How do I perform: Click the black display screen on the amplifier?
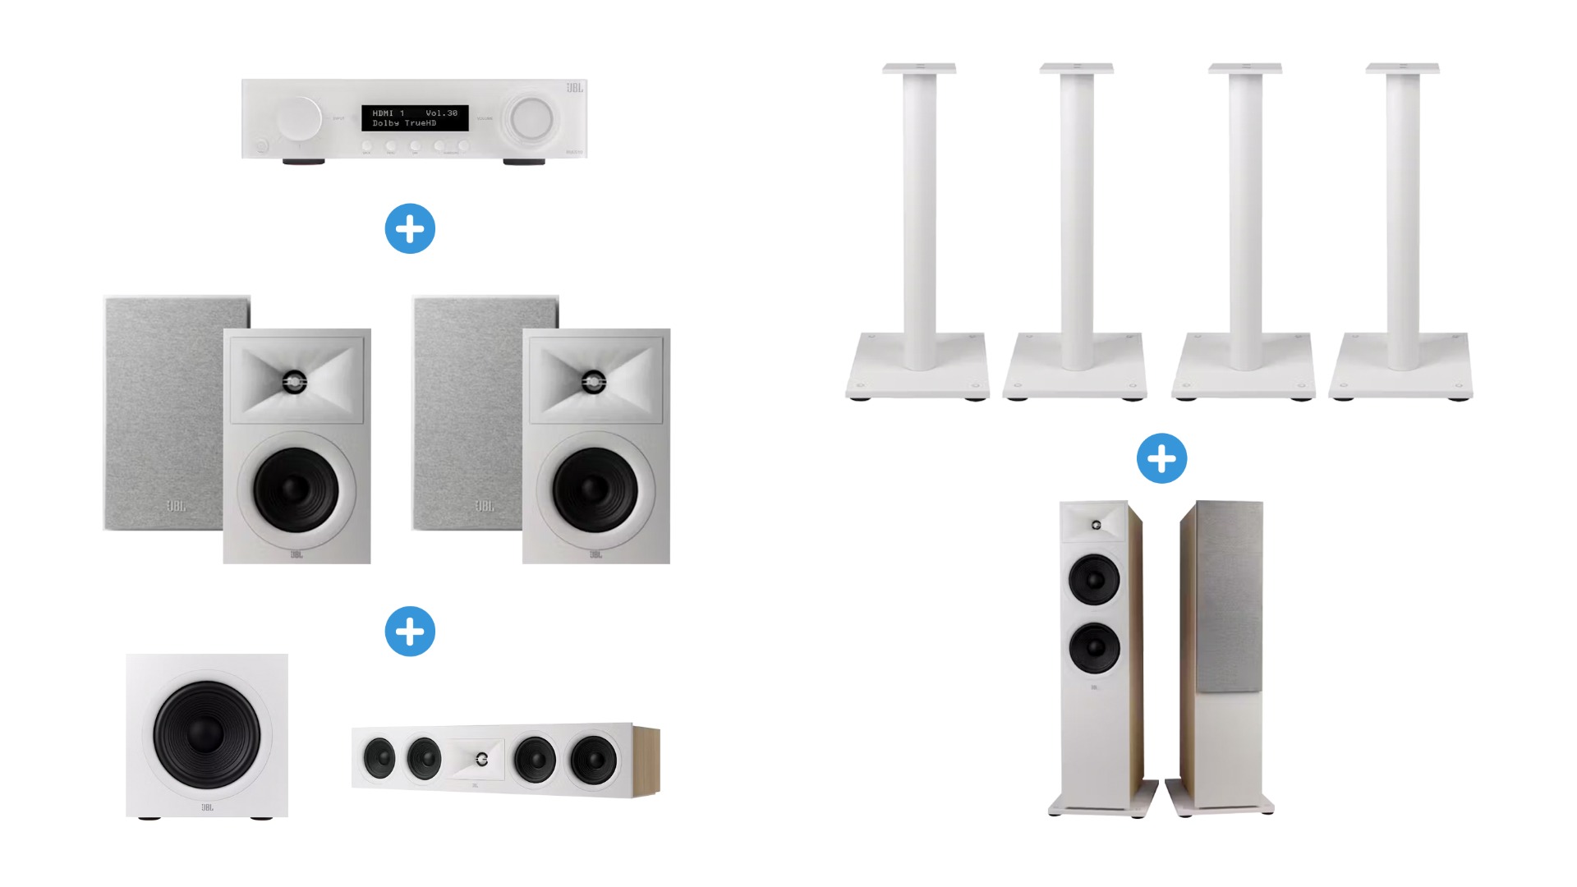pyautogui.click(x=415, y=117)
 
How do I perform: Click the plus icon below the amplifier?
pyautogui.click(x=410, y=228)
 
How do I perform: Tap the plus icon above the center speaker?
pyautogui.click(x=410, y=631)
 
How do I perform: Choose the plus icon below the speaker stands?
pyautogui.click(x=1161, y=458)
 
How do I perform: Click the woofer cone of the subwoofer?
pyautogui.click(x=206, y=733)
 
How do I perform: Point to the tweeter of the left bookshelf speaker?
pyautogui.click(x=295, y=382)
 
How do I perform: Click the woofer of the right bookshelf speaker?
pyautogui.click(x=595, y=490)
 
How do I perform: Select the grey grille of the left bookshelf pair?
pyautogui.click(x=164, y=411)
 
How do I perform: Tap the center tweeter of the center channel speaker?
pyautogui.click(x=481, y=760)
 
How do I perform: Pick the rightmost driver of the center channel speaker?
pyautogui.click(x=594, y=760)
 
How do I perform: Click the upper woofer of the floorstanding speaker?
pyautogui.click(x=1094, y=579)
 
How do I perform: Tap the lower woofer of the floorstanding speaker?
pyautogui.click(x=1094, y=647)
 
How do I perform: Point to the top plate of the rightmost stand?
pyautogui.click(x=1402, y=68)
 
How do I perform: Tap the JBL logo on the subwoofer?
pyautogui.click(x=207, y=807)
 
